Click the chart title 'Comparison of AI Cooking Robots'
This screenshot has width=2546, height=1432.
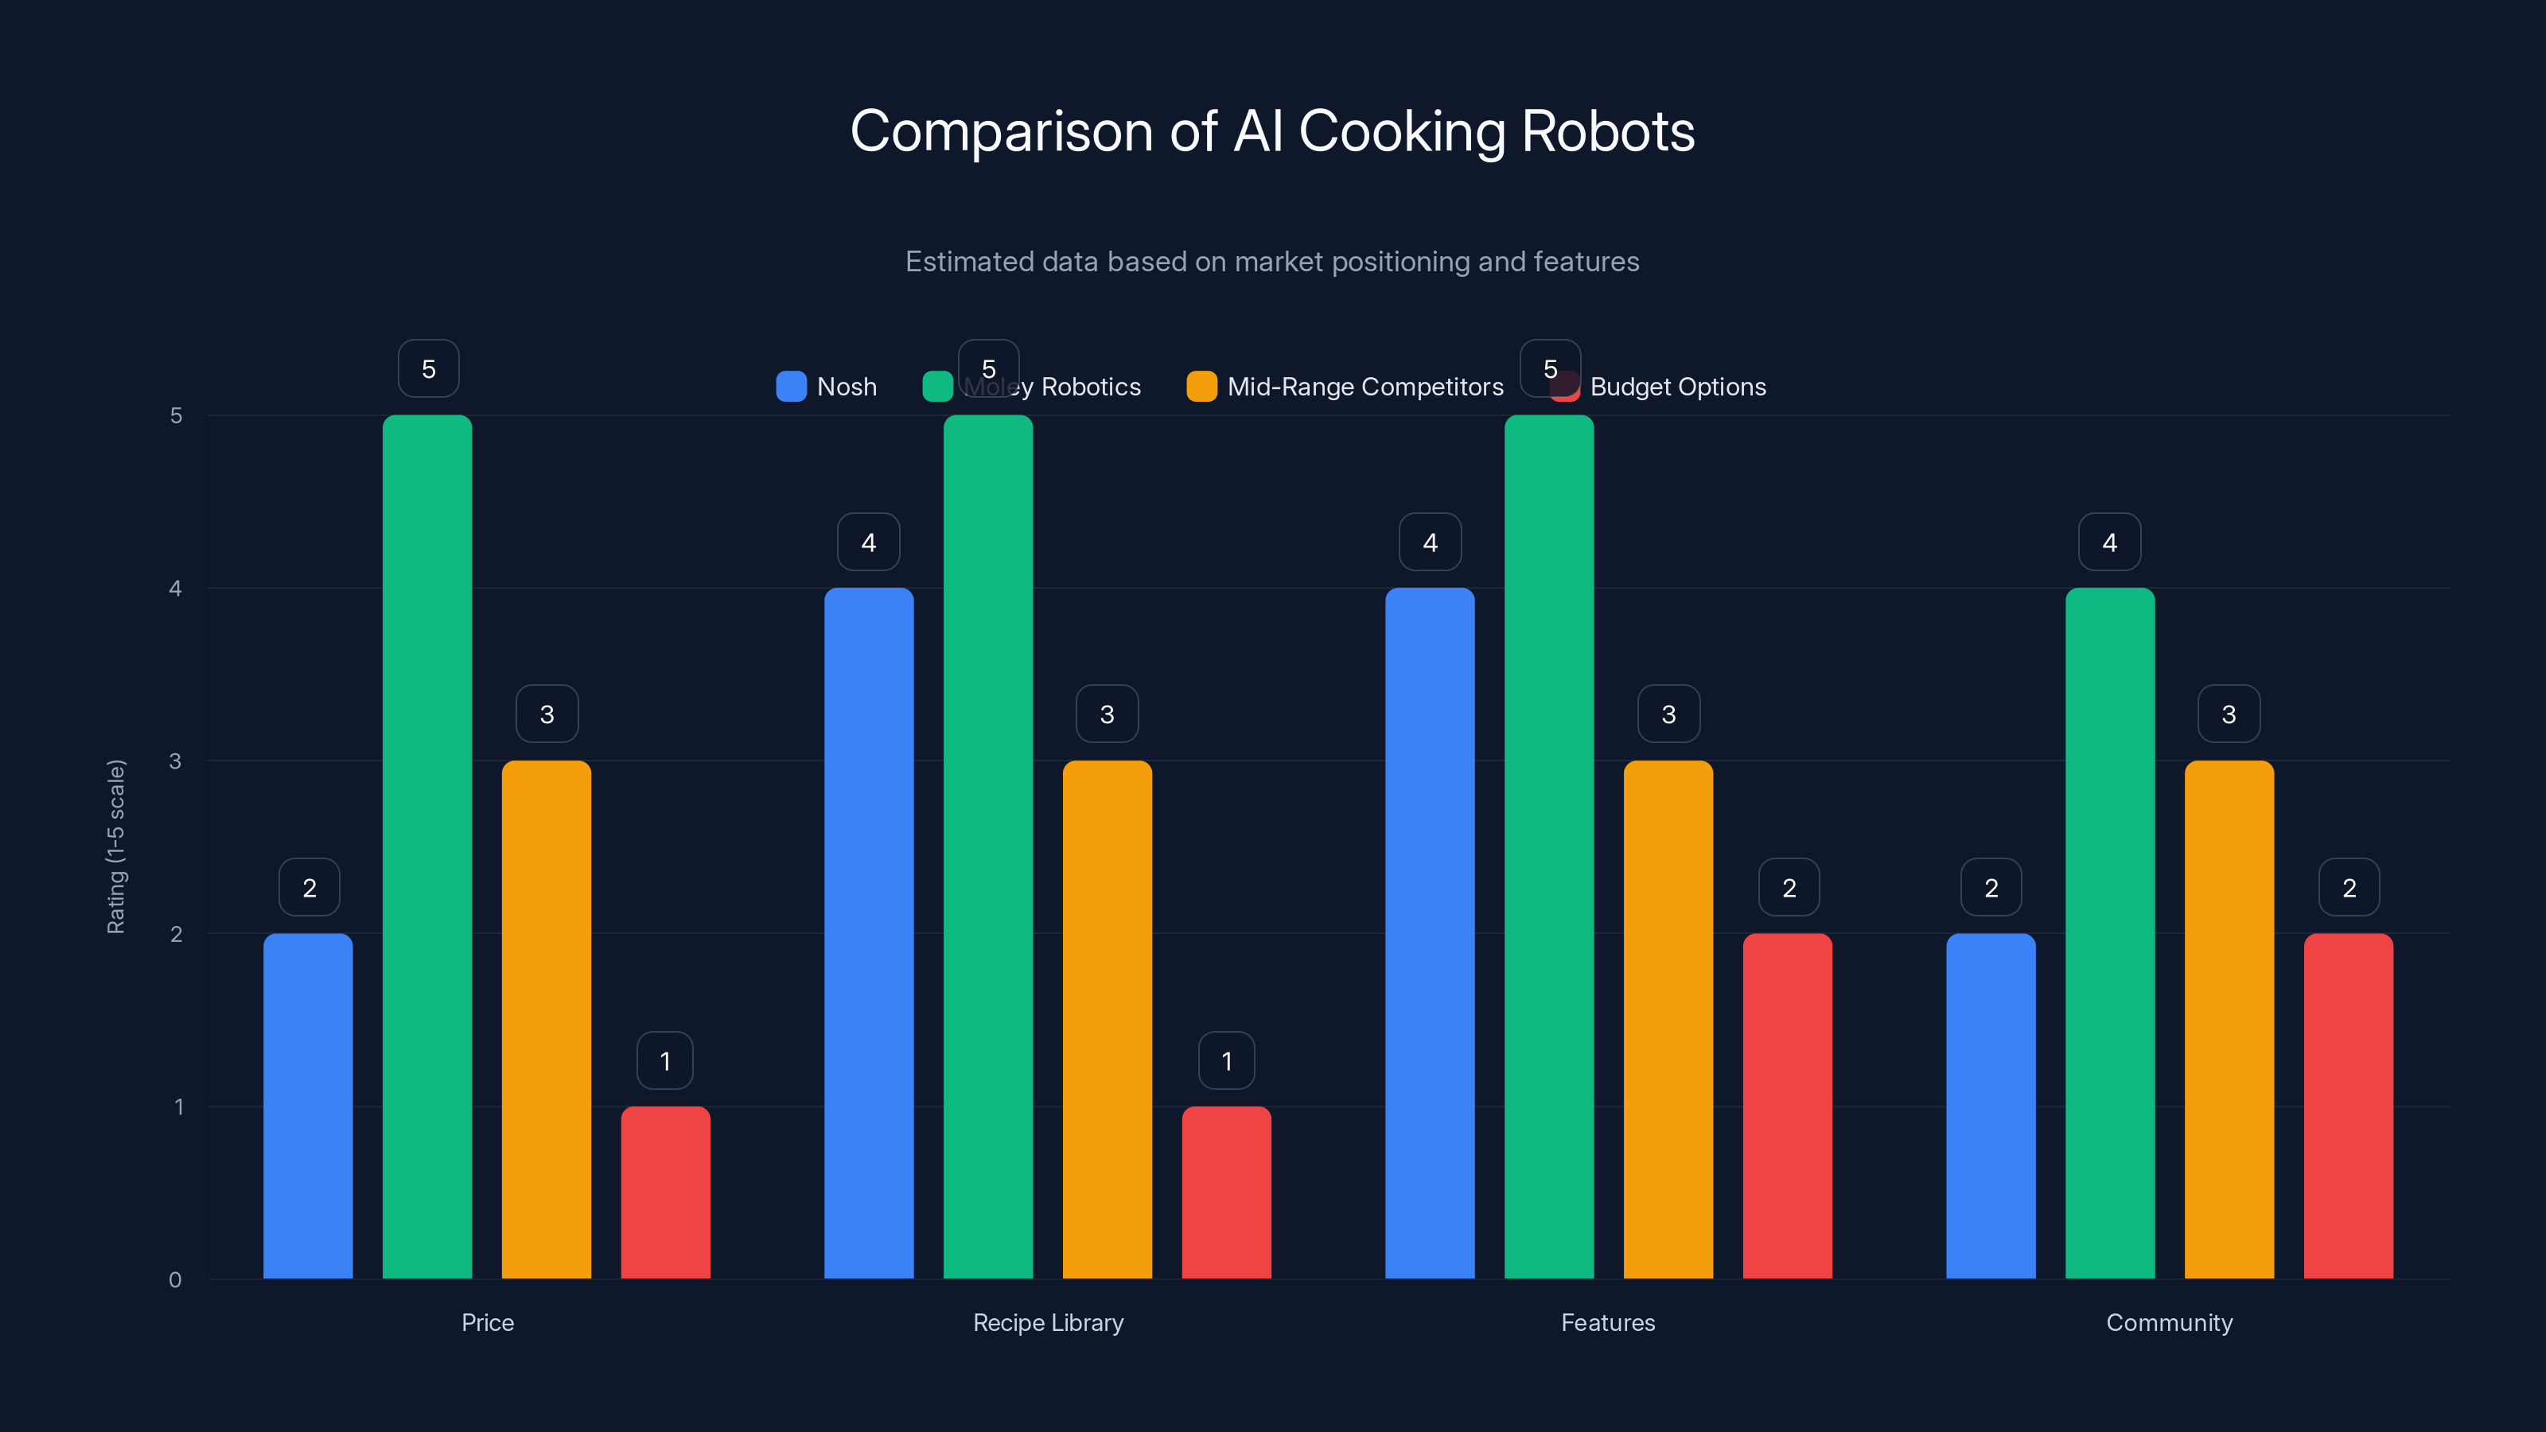tap(1272, 130)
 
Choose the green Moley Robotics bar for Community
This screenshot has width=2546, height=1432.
tap(2109, 933)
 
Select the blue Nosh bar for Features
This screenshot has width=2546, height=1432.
tap(1429, 933)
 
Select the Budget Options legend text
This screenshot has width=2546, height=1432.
tap(1677, 387)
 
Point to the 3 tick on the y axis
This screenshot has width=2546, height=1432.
tap(175, 761)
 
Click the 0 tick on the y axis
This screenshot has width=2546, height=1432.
tap(175, 1280)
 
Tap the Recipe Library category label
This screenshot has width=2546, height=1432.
tap(1048, 1322)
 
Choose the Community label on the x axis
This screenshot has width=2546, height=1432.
tap(2168, 1322)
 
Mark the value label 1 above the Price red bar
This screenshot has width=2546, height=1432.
tap(664, 1060)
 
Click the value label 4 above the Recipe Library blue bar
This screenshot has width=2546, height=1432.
tap(868, 542)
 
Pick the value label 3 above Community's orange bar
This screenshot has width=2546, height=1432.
tap(2228, 714)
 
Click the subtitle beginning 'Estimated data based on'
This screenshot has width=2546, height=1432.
tap(1272, 261)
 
